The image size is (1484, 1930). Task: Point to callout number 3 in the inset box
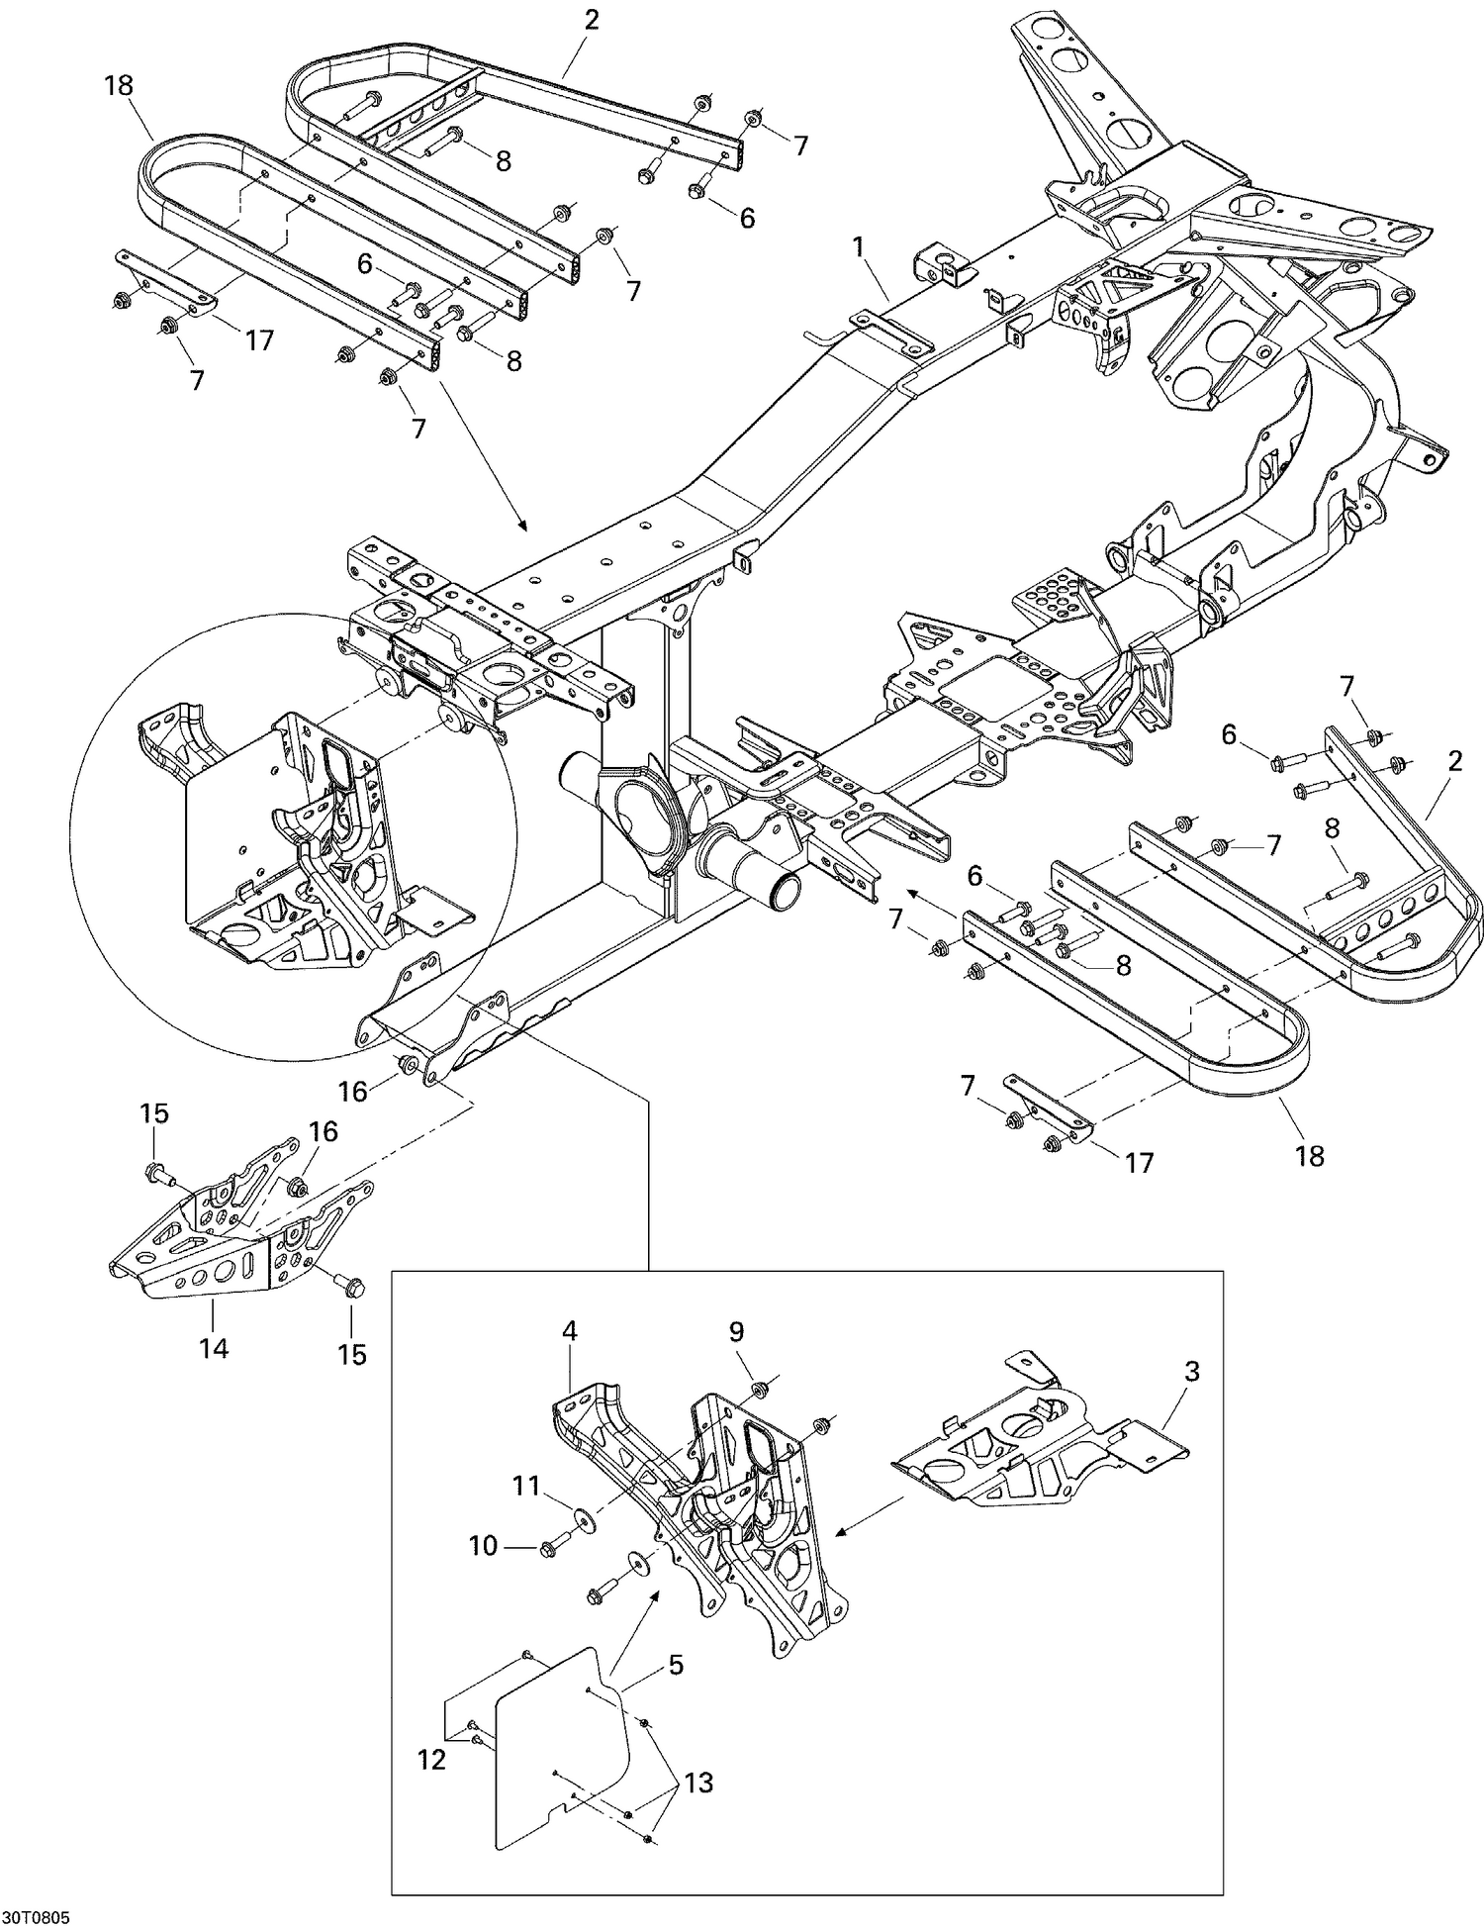pos(1191,1372)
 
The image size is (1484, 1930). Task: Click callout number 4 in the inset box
pos(570,1331)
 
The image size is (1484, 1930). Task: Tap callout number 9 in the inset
pos(736,1331)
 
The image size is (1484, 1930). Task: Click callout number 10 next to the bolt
pos(483,1545)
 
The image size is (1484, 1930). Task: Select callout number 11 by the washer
pos(526,1486)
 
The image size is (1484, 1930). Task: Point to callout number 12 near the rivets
pos(431,1759)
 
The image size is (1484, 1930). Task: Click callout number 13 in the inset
pos(698,1783)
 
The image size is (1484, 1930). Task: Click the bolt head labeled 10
pos(547,1548)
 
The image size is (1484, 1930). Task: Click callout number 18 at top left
pos(118,85)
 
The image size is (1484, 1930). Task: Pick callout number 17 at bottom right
pos(1140,1162)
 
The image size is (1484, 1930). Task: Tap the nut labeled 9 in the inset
pos(759,1391)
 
